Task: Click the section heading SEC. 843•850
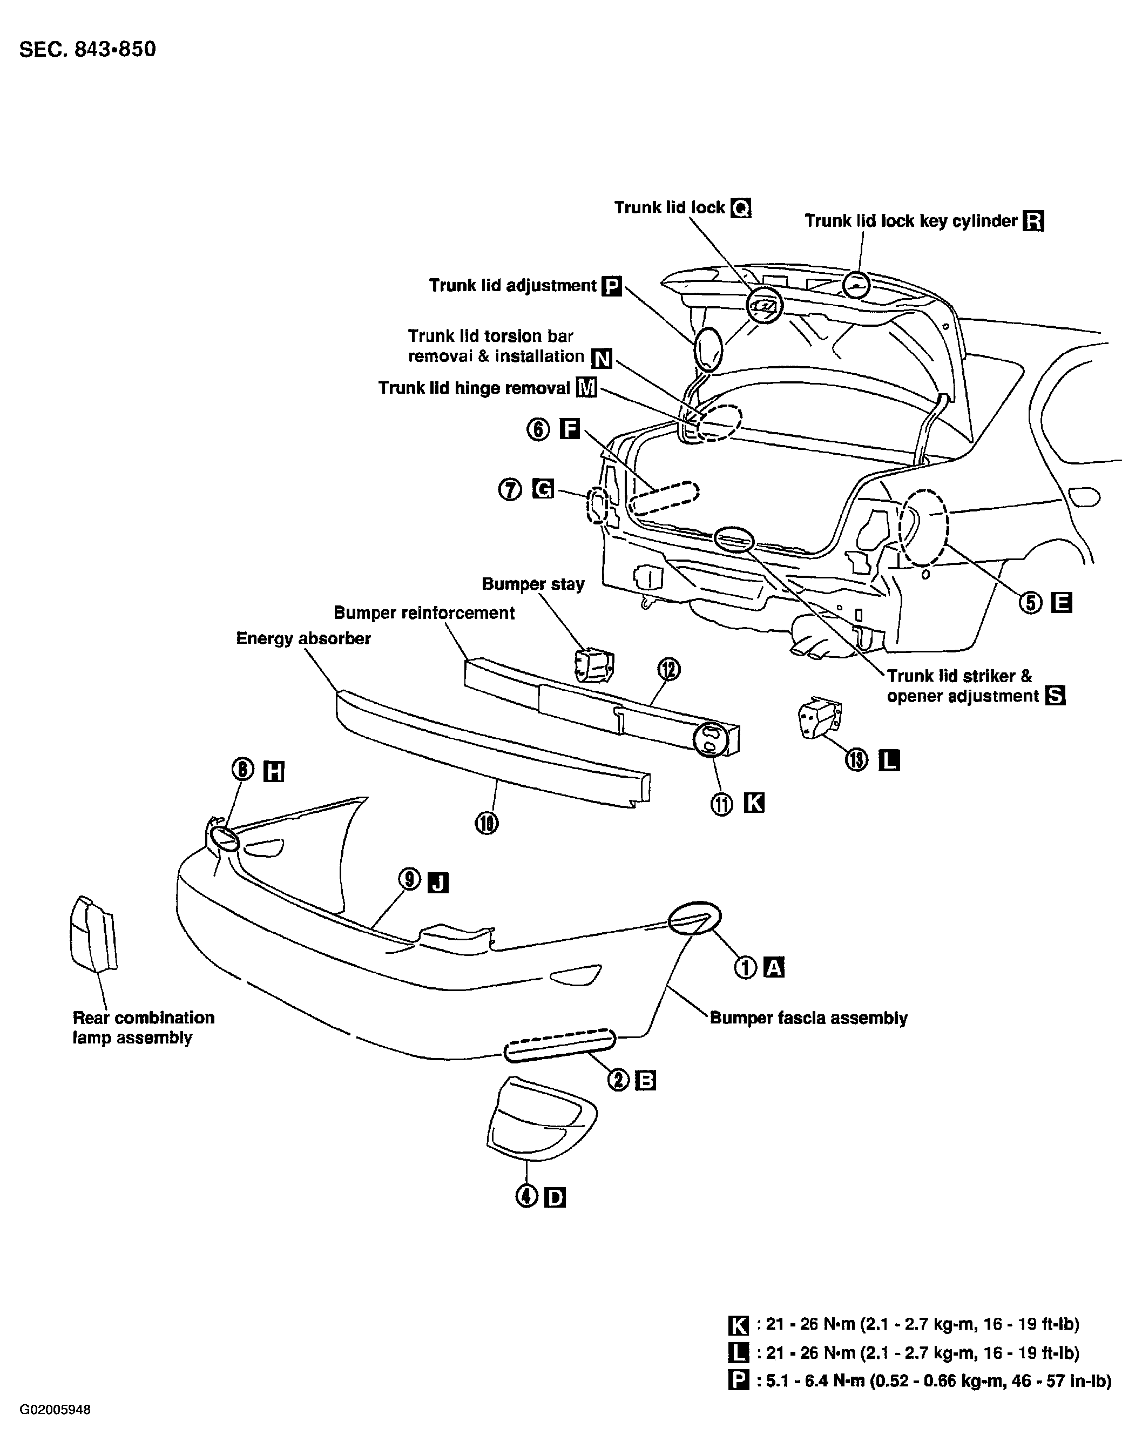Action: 87,50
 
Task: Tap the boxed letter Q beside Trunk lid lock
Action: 741,208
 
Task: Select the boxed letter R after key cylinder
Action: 1033,221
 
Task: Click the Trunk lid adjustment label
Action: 512,286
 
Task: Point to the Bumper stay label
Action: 533,584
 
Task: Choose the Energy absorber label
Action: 303,638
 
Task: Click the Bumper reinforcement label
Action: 424,613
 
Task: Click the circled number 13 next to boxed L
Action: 856,760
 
